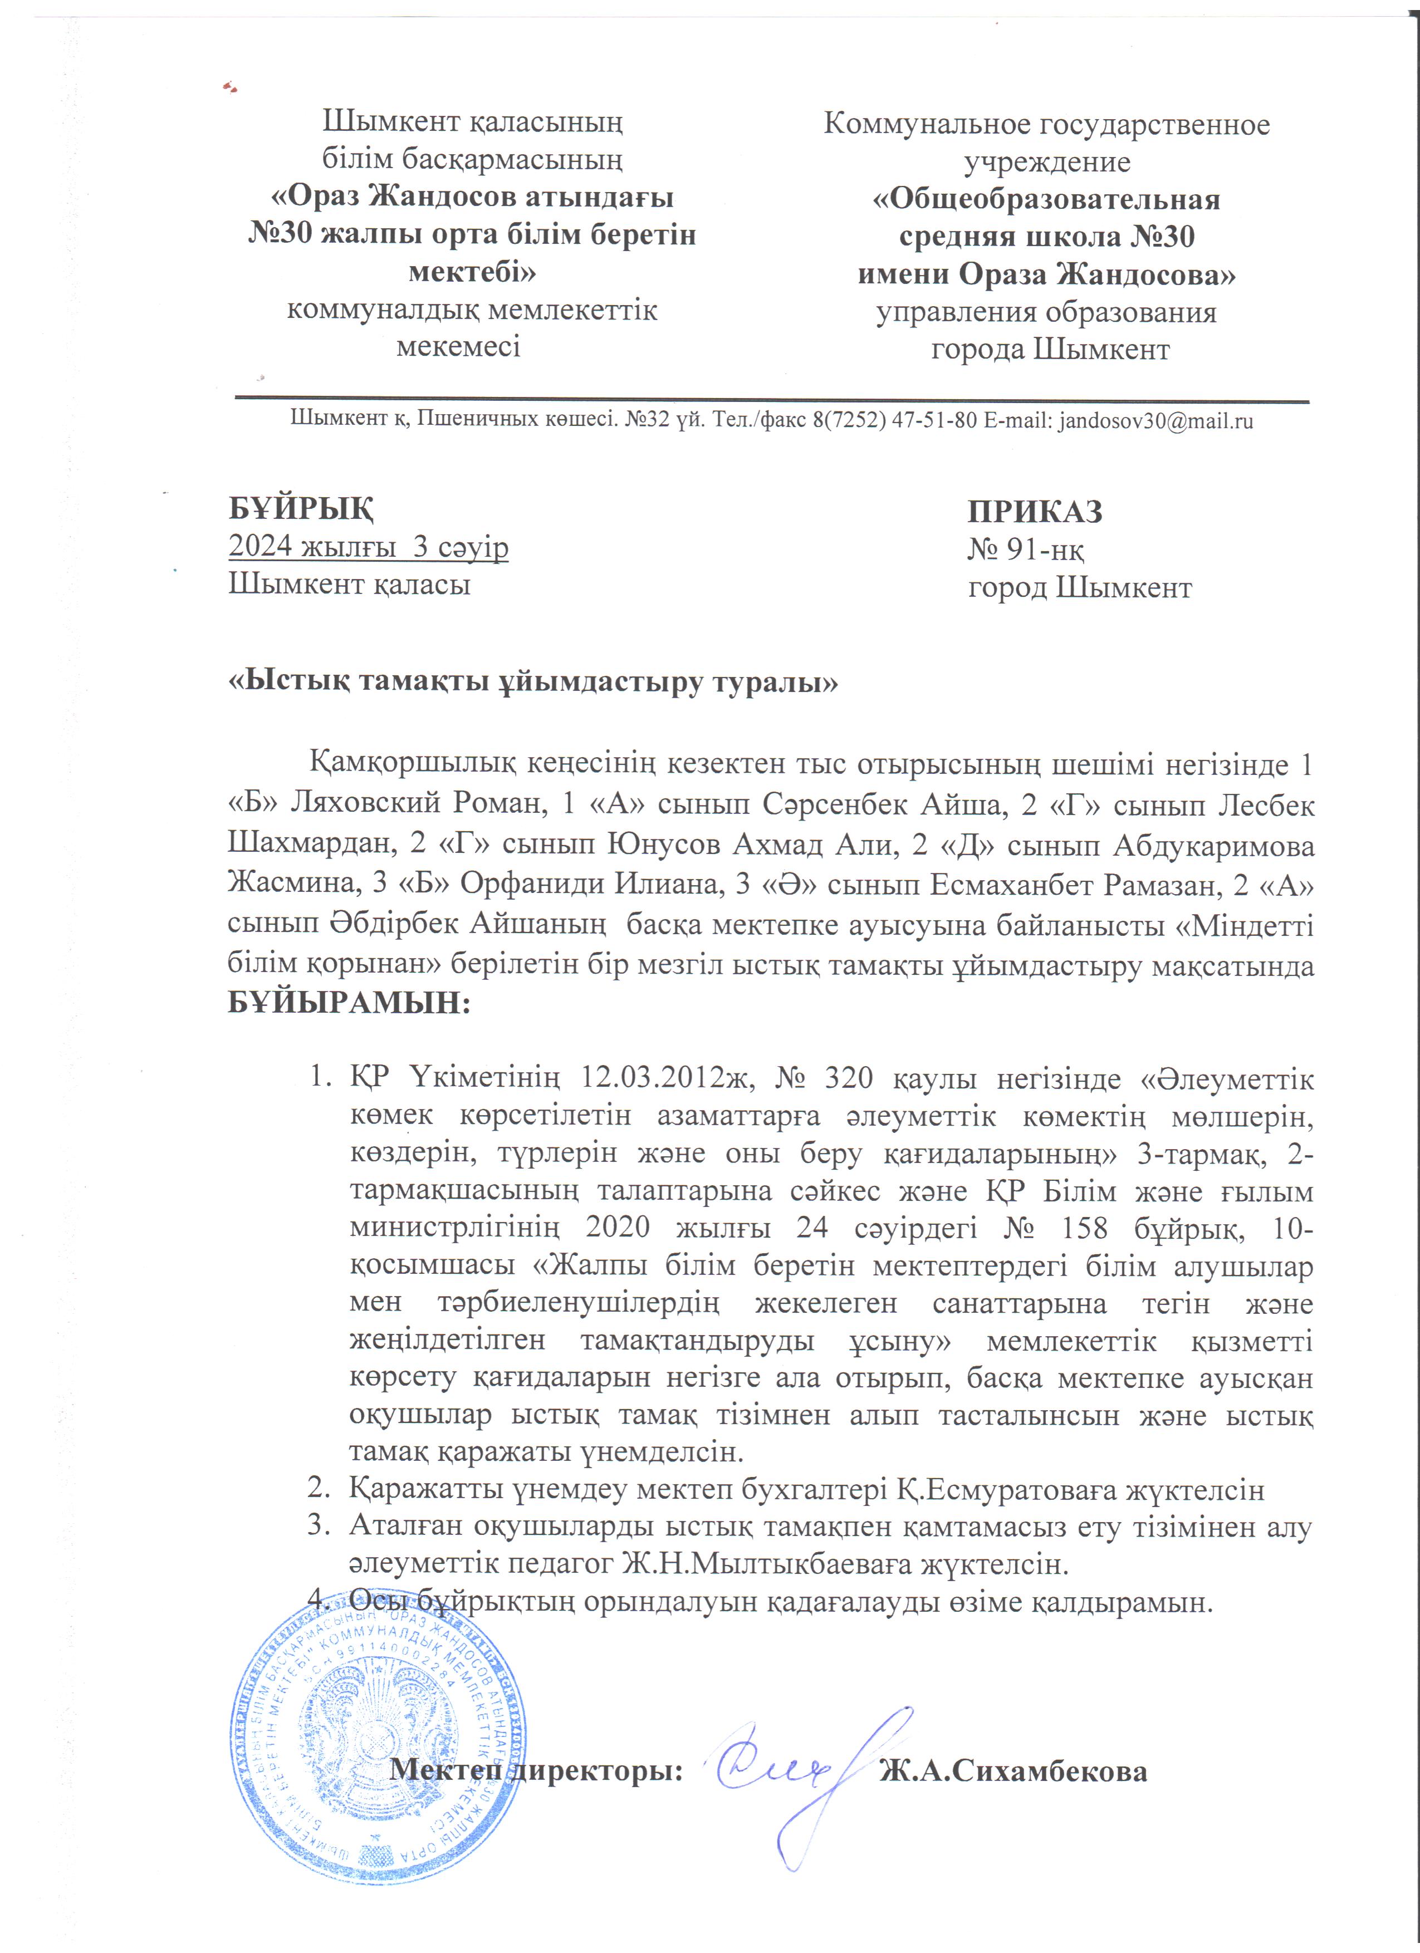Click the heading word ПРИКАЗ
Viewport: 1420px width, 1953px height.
point(1035,512)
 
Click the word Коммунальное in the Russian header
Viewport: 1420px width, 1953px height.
point(924,125)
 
